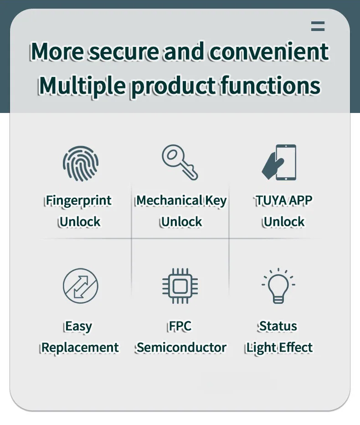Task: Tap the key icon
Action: [180, 162]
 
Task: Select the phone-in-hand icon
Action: [280, 163]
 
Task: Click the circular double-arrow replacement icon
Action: [80, 286]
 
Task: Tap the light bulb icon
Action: [278, 286]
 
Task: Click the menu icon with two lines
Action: [318, 26]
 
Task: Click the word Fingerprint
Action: [78, 201]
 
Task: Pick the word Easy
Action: [78, 327]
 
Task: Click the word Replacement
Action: [80, 348]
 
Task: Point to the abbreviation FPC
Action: [180, 326]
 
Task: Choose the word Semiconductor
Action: [181, 348]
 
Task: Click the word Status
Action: [278, 326]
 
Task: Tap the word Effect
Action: [296, 348]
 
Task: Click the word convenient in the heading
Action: [268, 51]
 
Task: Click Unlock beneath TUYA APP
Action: [283, 222]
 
